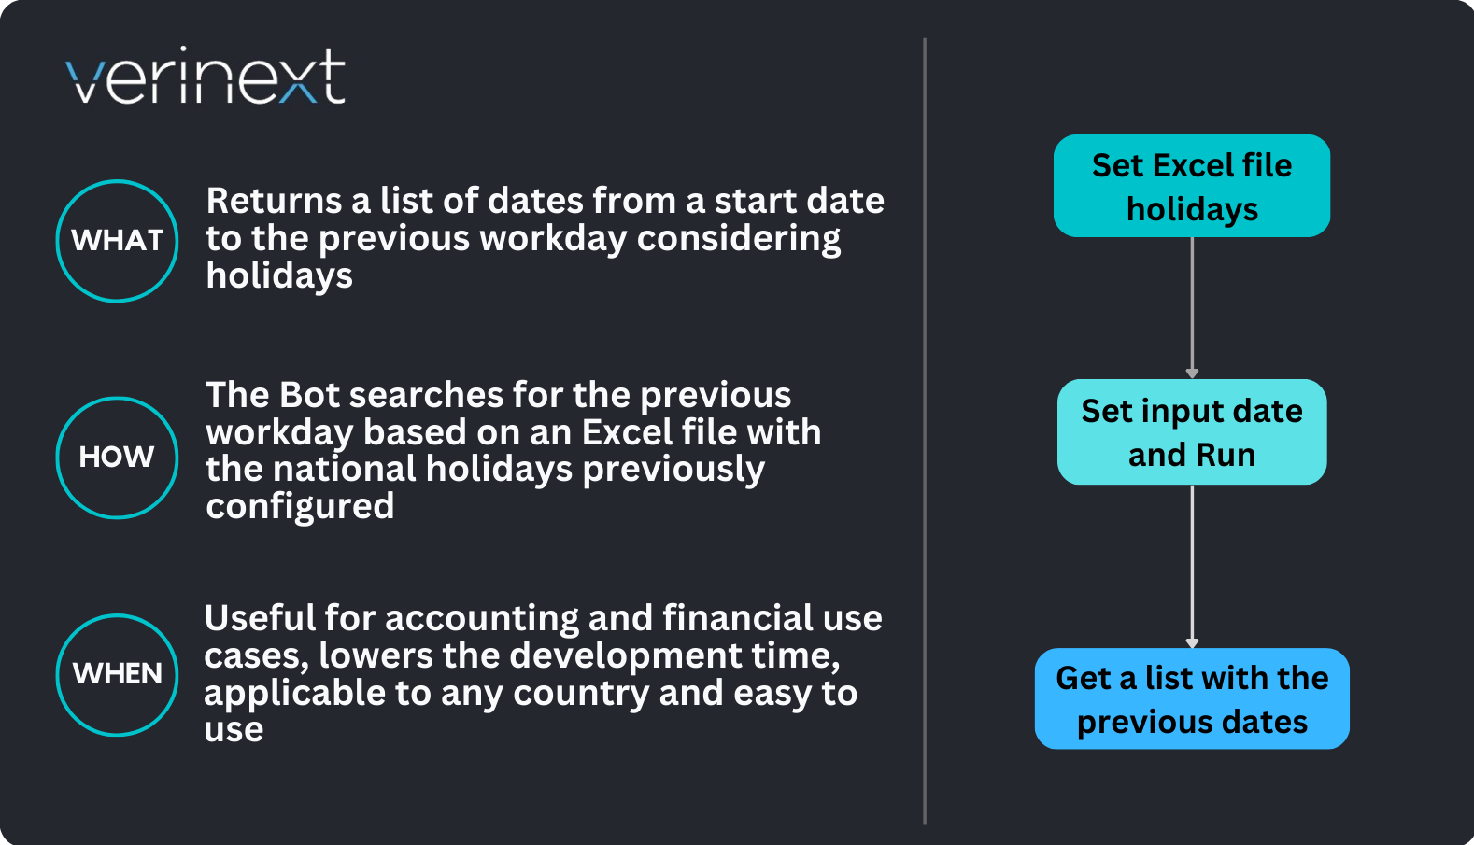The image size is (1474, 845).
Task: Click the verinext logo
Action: [206, 75]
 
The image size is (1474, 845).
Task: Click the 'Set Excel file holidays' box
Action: [1192, 186]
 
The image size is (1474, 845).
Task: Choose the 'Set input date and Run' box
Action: [1192, 432]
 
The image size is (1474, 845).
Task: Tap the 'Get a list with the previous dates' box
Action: [1192, 698]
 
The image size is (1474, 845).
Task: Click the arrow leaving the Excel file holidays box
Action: [1192, 308]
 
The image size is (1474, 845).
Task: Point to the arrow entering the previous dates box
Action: [1192, 567]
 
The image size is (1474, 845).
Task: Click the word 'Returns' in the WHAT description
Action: [275, 201]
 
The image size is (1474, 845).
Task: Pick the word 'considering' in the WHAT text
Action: [738, 239]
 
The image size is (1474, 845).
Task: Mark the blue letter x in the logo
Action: [299, 83]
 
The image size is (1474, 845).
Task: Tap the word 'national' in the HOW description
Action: [344, 469]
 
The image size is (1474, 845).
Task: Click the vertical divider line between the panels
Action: [925, 431]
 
